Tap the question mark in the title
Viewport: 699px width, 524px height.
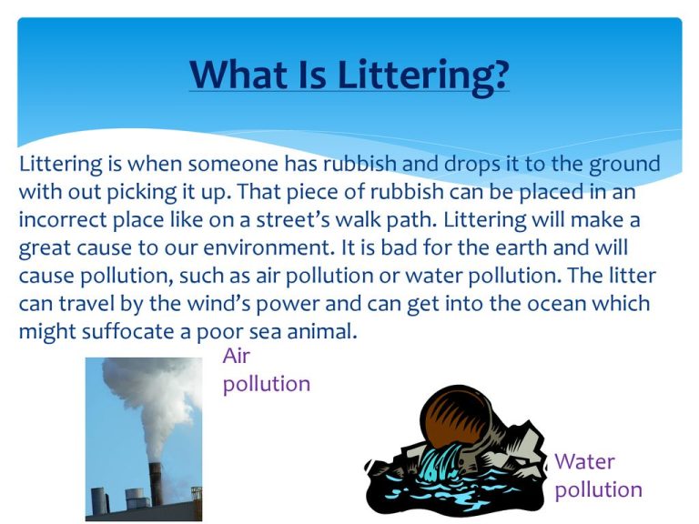coord(500,74)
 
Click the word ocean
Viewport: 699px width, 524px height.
coord(518,304)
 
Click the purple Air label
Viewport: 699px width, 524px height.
coord(237,356)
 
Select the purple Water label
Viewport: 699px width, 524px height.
coord(584,461)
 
